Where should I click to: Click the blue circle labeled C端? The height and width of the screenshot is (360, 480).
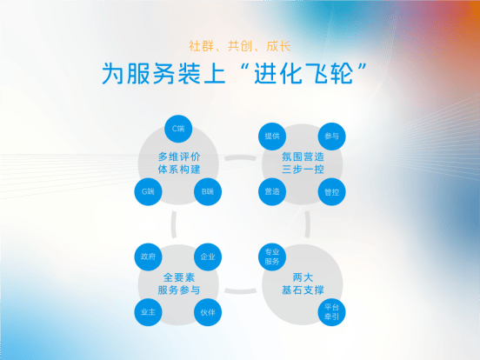(x=178, y=129)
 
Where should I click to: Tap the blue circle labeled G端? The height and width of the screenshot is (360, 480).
(x=148, y=191)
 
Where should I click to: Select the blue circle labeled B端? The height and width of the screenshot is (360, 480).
(x=208, y=191)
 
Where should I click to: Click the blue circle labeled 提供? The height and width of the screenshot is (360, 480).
(x=272, y=137)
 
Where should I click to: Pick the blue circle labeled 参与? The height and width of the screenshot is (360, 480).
(x=332, y=137)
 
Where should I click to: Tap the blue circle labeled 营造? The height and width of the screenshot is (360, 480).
(x=272, y=191)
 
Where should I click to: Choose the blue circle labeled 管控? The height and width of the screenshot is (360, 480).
(x=332, y=191)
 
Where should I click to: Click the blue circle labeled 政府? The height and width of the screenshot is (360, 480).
(x=148, y=257)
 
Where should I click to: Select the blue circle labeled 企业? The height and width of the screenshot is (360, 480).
(x=208, y=257)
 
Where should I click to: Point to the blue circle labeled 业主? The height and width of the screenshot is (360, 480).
(x=148, y=312)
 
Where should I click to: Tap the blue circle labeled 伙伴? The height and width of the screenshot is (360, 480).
(x=208, y=312)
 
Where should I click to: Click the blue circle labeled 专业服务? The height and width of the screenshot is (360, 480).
(x=272, y=257)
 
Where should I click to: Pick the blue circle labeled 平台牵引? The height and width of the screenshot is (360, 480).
(x=332, y=312)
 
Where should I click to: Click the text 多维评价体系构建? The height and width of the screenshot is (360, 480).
(x=179, y=163)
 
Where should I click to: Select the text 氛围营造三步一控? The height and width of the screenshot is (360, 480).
(x=303, y=163)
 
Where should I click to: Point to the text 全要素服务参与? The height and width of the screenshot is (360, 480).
(x=179, y=283)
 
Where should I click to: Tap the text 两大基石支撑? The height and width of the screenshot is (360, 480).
(x=303, y=283)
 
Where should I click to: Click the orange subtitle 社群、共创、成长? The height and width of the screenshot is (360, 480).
(x=240, y=46)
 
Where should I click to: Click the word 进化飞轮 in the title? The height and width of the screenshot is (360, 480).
(x=303, y=73)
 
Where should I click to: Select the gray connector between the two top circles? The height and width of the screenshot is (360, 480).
(x=240, y=157)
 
